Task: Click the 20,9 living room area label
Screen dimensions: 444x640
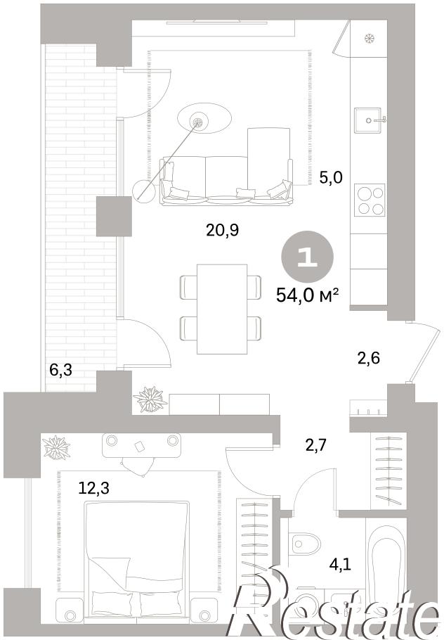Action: (x=222, y=231)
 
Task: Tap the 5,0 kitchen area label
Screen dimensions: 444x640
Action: (x=331, y=178)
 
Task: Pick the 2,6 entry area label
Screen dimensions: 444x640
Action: (x=369, y=358)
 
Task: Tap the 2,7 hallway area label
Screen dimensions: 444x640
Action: (x=317, y=443)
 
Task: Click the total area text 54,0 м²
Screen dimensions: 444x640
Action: (x=308, y=294)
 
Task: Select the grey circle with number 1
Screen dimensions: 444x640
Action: (x=308, y=257)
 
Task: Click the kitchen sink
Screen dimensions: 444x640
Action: (x=368, y=120)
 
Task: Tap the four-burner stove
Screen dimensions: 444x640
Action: (x=370, y=200)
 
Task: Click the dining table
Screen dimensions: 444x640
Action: (x=222, y=309)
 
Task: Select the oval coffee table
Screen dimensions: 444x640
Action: (x=204, y=118)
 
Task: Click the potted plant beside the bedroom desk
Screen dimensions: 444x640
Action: (x=56, y=447)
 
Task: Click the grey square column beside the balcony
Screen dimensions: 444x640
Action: (x=114, y=217)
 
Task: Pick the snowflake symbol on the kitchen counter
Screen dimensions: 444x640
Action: (x=369, y=39)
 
